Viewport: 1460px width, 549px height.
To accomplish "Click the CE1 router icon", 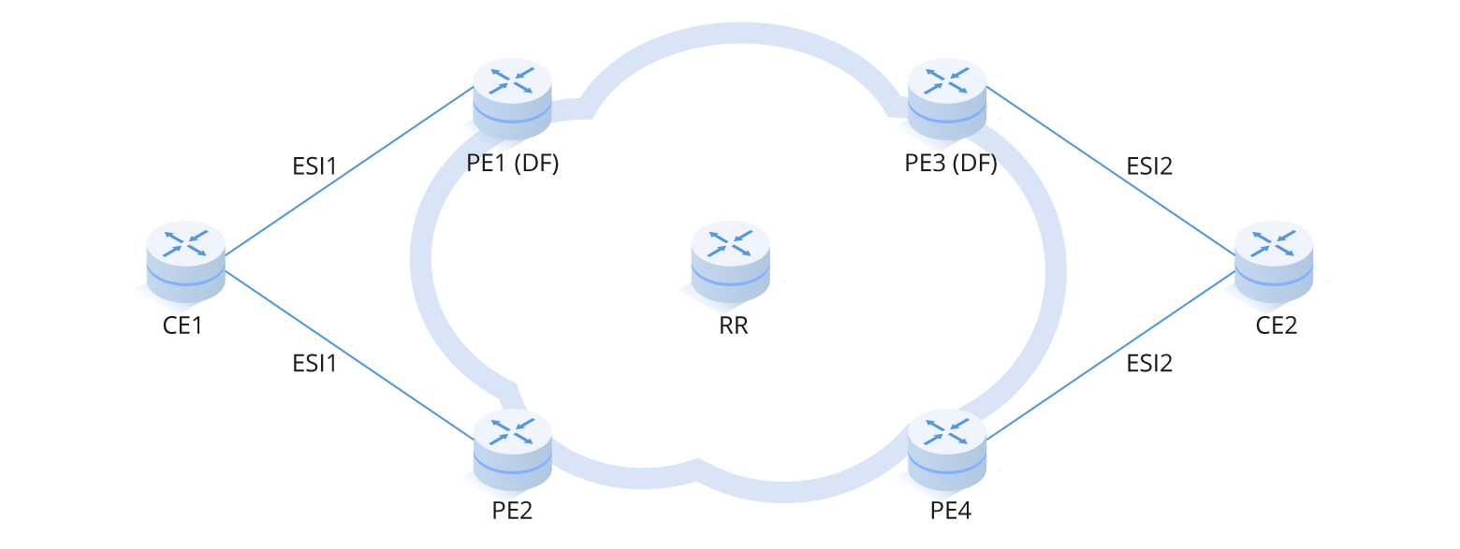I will point(186,262).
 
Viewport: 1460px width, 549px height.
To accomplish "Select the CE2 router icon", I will point(1274,262).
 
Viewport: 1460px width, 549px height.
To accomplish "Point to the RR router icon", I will point(730,262).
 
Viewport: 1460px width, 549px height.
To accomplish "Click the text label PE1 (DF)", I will point(512,165).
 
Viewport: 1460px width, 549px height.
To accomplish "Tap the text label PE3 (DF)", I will point(950,165).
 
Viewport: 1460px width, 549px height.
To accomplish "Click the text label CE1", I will point(182,326).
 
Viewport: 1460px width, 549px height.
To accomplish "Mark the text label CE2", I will point(1276,326).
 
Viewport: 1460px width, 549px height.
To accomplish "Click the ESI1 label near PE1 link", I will point(314,167).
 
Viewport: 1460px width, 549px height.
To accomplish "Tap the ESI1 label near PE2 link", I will point(314,363).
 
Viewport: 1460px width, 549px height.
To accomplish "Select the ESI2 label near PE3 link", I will point(1149,167).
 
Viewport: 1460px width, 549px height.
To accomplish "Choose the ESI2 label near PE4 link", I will point(1149,363).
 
